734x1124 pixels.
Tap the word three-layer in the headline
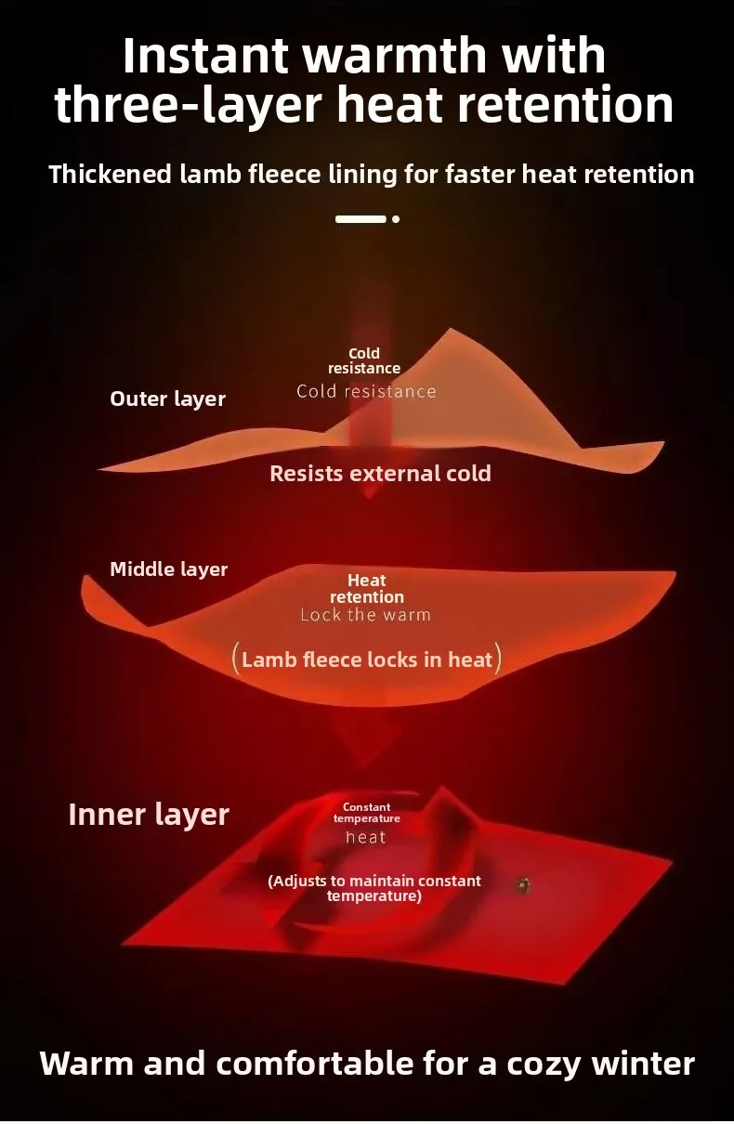[187, 105]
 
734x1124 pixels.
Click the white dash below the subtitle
[360, 219]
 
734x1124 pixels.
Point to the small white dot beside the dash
[396, 219]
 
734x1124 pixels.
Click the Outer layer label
[167, 399]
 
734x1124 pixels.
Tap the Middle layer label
[168, 569]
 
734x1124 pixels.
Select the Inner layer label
[149, 815]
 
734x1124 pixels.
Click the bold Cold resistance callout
[364, 360]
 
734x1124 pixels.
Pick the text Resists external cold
[380, 473]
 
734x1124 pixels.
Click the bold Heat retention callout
[367, 589]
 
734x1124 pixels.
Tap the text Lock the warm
[365, 615]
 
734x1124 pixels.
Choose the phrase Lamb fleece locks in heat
[367, 660]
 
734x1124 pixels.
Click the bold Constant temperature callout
[367, 813]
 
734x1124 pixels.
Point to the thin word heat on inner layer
[365, 838]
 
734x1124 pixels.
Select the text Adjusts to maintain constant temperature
[374, 888]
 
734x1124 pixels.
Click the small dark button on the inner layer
[523, 885]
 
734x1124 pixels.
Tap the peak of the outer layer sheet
[452, 331]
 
